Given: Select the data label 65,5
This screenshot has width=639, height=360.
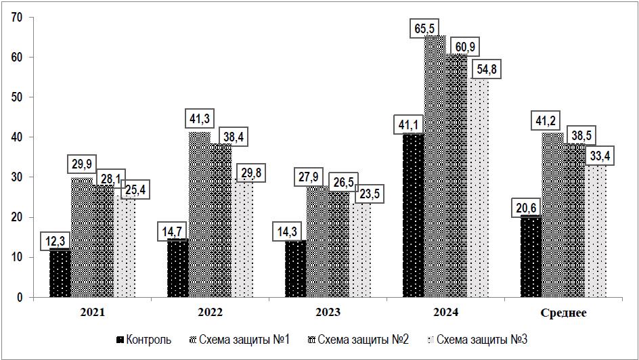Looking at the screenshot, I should pos(425,29).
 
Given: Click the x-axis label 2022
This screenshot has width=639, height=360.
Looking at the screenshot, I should pos(211,313).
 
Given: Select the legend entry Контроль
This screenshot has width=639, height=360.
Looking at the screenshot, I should pos(143,339).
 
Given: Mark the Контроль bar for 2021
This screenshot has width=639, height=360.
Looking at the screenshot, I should pos(60,273).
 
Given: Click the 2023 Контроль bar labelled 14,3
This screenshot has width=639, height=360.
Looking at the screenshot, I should pos(295,269).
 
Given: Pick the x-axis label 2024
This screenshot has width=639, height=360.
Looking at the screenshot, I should pos(445,313).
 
